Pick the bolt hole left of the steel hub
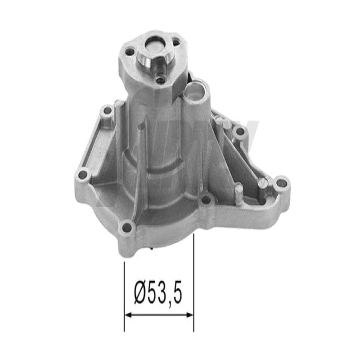pyautogui.click(x=130, y=52)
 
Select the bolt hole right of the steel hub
pyautogui.click(x=176, y=42)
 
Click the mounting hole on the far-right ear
pyautogui.click(x=281, y=183)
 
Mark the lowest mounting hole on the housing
pyautogui.click(x=127, y=227)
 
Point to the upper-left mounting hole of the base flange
pyautogui.click(x=107, y=110)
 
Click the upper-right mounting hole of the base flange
pyautogui.click(x=240, y=131)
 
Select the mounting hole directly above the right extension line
pyautogui.click(x=206, y=199)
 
